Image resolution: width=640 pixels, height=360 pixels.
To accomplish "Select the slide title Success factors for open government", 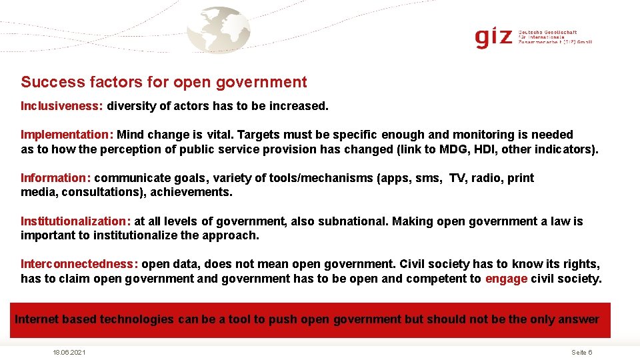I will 164,82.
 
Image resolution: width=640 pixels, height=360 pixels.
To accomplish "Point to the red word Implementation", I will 67,135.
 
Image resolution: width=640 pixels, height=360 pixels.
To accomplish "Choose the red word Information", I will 55,178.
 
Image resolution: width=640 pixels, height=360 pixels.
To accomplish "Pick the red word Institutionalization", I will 75,221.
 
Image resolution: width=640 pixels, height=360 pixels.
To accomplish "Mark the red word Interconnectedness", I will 79,264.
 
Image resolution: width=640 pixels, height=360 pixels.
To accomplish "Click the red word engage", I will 506,279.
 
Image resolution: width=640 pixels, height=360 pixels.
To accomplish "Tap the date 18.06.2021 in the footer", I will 69,352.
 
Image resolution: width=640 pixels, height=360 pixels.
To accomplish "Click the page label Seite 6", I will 582,352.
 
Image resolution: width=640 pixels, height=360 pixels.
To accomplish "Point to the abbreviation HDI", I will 482,149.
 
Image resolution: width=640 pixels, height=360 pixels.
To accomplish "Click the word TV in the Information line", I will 457,178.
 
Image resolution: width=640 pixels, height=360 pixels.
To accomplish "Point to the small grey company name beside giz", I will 555,37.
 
